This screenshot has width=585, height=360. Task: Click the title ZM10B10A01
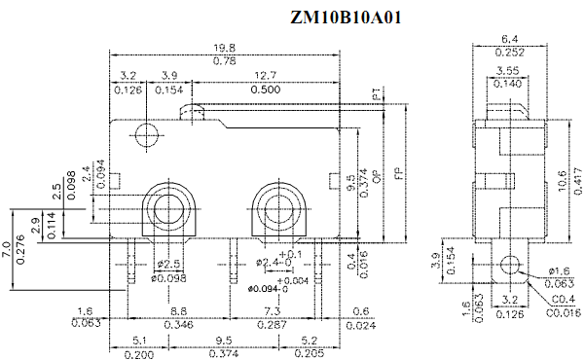[x=346, y=18]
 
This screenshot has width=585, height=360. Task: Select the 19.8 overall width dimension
[x=225, y=48]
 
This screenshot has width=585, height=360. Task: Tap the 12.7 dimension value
[x=266, y=76]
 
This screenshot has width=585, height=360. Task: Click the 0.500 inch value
[x=266, y=90]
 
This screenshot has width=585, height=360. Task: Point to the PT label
[x=377, y=94]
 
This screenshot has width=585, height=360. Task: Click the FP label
[x=399, y=173]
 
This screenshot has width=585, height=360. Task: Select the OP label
[x=377, y=176]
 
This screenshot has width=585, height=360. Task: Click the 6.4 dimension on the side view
[x=510, y=39]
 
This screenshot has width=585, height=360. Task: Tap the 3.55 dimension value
[x=507, y=70]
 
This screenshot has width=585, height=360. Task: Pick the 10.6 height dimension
[x=563, y=181]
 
